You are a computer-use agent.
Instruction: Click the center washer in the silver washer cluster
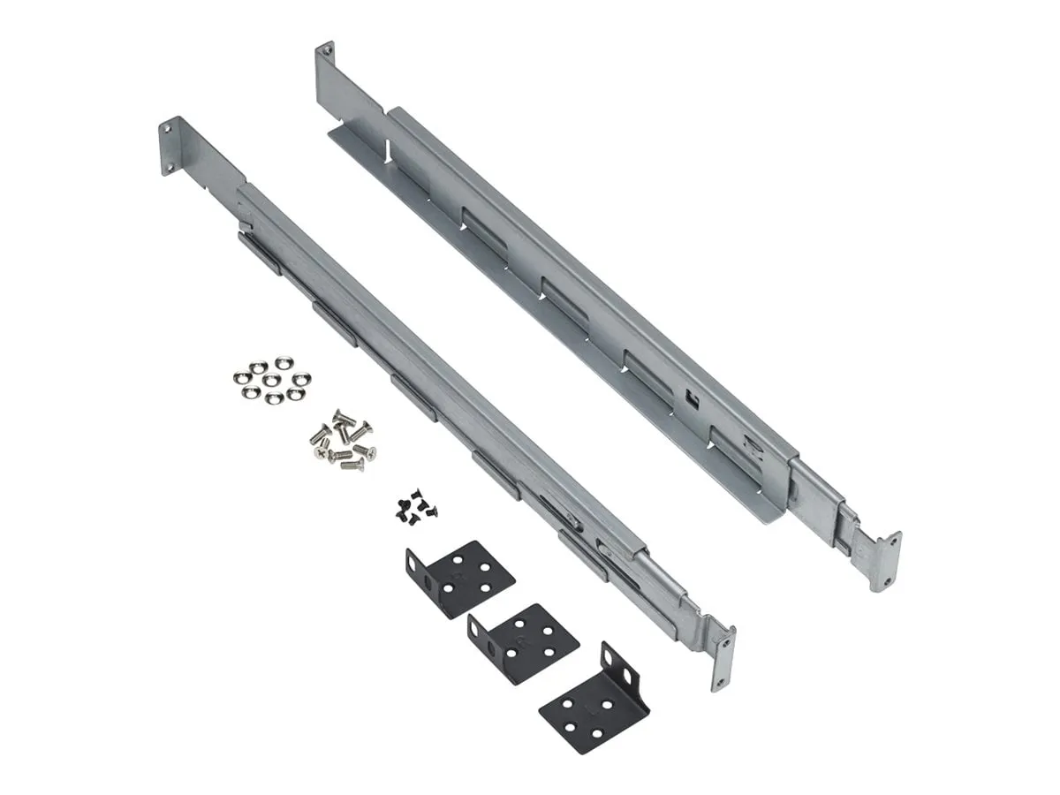[272, 377]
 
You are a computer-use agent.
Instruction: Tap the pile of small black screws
[412, 505]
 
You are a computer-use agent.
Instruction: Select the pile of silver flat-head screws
[341, 438]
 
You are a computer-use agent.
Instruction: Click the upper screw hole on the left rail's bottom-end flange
[726, 644]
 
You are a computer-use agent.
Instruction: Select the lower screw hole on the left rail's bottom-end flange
[722, 678]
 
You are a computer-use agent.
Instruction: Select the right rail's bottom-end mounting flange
[886, 562]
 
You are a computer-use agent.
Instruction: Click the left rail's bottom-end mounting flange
[723, 659]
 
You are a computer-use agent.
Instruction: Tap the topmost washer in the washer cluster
[282, 362]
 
